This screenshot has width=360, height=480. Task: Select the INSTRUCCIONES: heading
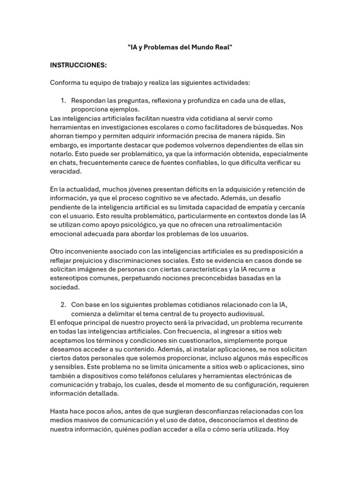pos(78,65)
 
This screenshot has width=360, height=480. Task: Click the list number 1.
pos(63,100)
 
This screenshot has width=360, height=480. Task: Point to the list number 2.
pos(63,305)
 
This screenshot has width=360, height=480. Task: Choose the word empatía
pos(262,207)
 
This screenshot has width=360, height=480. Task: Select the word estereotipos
pos(72,278)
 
